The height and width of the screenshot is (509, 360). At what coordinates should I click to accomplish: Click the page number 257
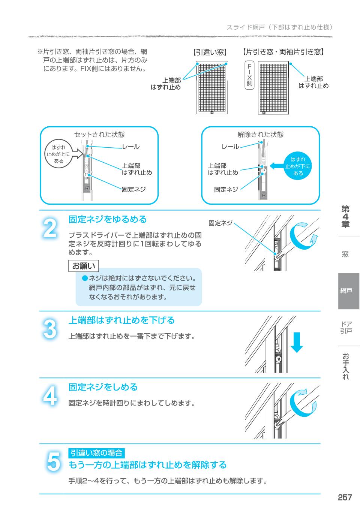click(x=345, y=497)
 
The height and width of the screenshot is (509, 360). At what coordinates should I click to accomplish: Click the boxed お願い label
click(x=84, y=266)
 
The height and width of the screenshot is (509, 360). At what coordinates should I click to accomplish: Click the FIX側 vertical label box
click(x=249, y=75)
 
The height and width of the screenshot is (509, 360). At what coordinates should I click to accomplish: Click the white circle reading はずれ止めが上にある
click(x=58, y=154)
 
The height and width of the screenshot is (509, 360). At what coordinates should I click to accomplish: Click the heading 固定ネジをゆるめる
click(x=107, y=219)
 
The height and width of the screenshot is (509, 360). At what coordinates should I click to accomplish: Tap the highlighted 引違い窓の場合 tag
click(x=96, y=453)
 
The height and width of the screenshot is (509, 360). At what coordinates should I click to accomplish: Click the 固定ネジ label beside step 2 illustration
click(x=220, y=223)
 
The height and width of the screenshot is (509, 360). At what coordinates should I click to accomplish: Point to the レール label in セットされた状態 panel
click(x=130, y=147)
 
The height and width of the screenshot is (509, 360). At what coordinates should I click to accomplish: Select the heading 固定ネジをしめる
click(x=103, y=387)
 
